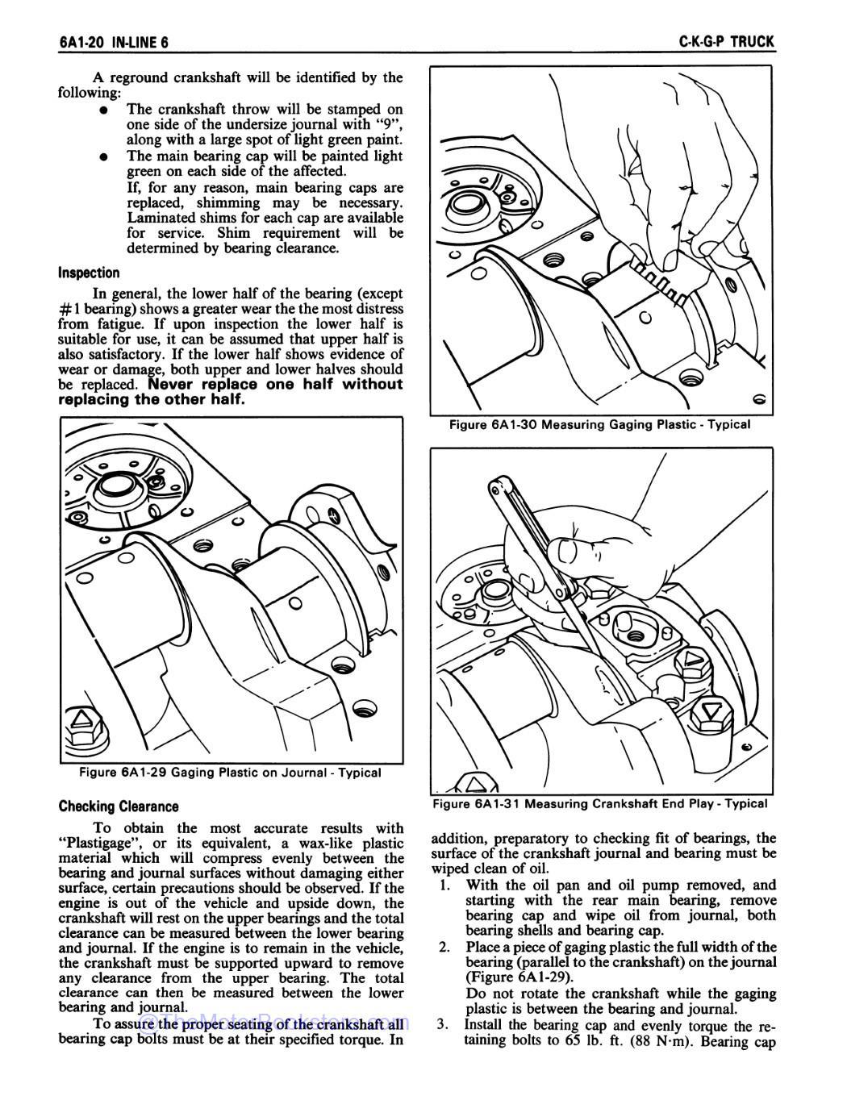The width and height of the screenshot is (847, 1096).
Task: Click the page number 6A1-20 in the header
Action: click(x=83, y=42)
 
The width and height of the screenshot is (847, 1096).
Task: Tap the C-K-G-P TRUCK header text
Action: click(x=727, y=42)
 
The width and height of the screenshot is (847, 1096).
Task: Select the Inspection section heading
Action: click(x=89, y=273)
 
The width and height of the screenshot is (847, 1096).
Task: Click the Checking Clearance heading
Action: click(x=119, y=806)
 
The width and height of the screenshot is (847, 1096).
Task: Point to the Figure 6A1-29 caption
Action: click(x=230, y=773)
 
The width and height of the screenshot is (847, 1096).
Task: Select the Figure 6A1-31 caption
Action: click(x=600, y=803)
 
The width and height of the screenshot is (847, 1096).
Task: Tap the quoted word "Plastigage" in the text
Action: click(x=98, y=843)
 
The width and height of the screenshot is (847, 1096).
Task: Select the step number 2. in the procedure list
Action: click(x=445, y=947)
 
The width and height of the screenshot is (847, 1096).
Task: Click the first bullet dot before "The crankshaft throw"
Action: click(x=104, y=109)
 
